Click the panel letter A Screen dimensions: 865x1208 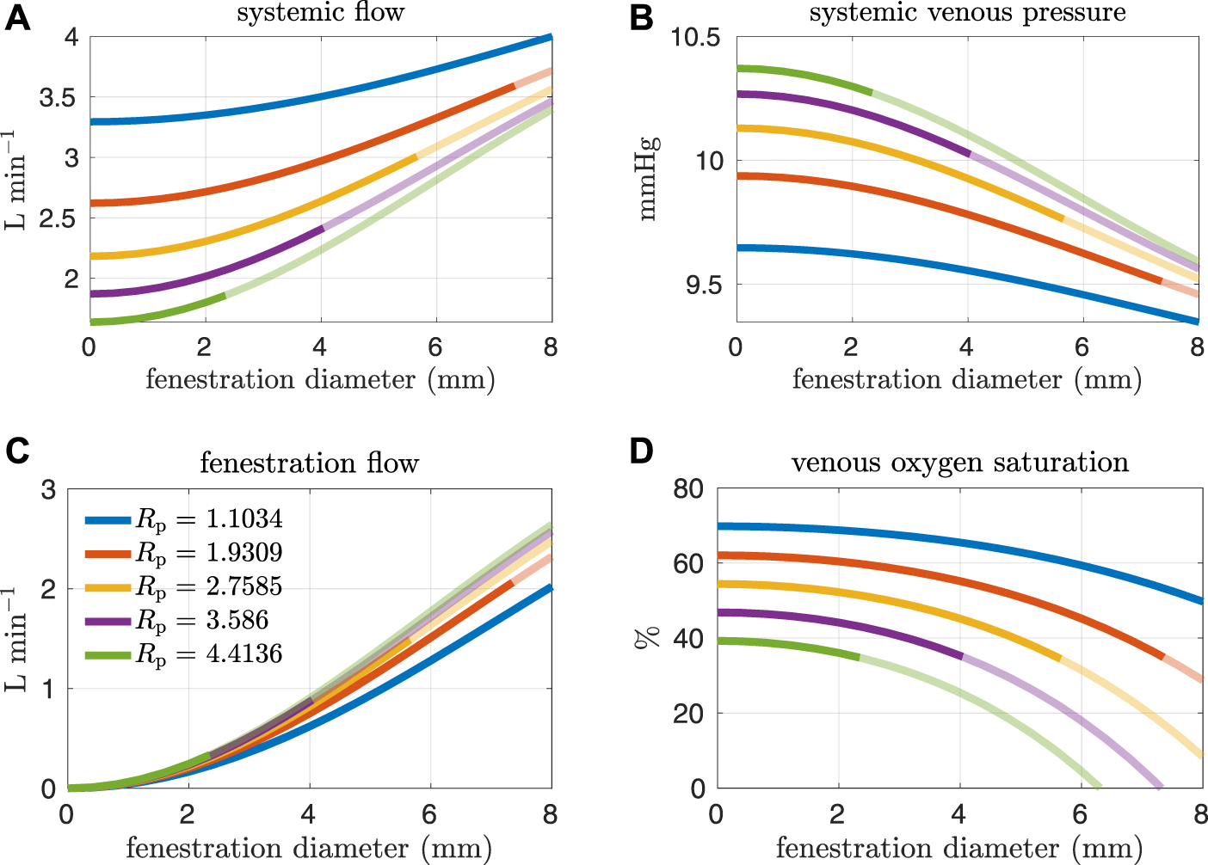[x=17, y=17]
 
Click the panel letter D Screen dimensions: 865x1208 [x=642, y=451]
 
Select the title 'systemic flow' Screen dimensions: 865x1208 [x=320, y=13]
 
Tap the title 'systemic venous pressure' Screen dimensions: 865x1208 [x=967, y=13]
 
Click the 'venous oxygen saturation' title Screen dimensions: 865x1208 [x=959, y=463]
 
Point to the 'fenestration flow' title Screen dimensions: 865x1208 [x=309, y=463]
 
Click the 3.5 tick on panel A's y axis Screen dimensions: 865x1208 [x=59, y=98]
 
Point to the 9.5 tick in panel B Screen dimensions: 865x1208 [x=704, y=285]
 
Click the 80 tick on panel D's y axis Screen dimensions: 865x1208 [x=688, y=489]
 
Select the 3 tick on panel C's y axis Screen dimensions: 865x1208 [x=48, y=489]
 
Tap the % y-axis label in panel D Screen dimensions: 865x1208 [x=647, y=638]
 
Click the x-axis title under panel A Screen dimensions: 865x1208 [x=320, y=379]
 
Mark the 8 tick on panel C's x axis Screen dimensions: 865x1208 [x=551, y=813]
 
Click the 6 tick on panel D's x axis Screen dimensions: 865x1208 [x=1081, y=813]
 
